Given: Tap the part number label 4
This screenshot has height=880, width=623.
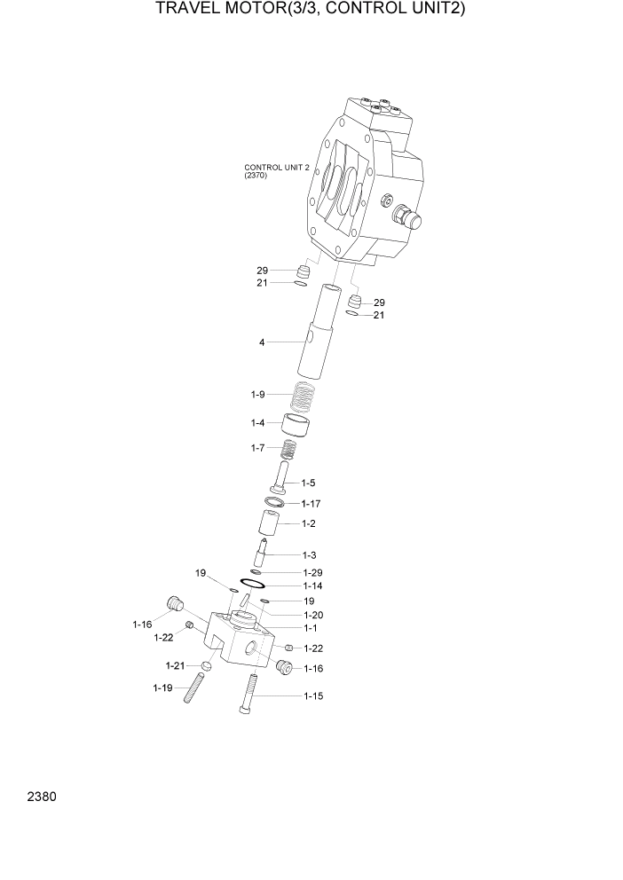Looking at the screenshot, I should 262,342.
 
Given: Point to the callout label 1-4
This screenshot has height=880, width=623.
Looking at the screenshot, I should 257,423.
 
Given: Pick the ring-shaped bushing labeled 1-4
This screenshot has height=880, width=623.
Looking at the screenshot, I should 297,426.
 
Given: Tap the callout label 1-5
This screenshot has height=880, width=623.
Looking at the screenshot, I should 308,483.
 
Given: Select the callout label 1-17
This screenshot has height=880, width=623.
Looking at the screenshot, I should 311,503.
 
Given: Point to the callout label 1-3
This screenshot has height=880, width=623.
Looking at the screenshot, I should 310,554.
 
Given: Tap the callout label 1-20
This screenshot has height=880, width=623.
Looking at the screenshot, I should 312,615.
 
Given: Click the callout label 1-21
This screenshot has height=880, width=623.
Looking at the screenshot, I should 175,665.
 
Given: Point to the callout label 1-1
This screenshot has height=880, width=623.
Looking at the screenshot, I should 310,628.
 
